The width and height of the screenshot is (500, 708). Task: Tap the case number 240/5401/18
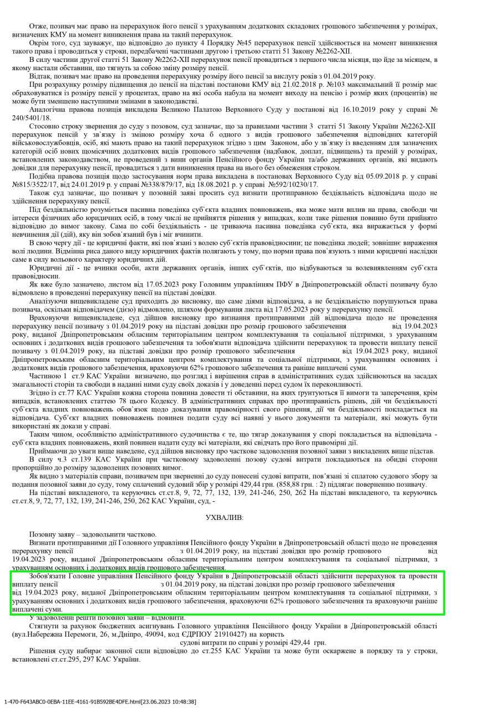[x=48, y=118]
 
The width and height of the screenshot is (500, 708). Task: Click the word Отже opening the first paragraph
[x=38, y=26]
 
